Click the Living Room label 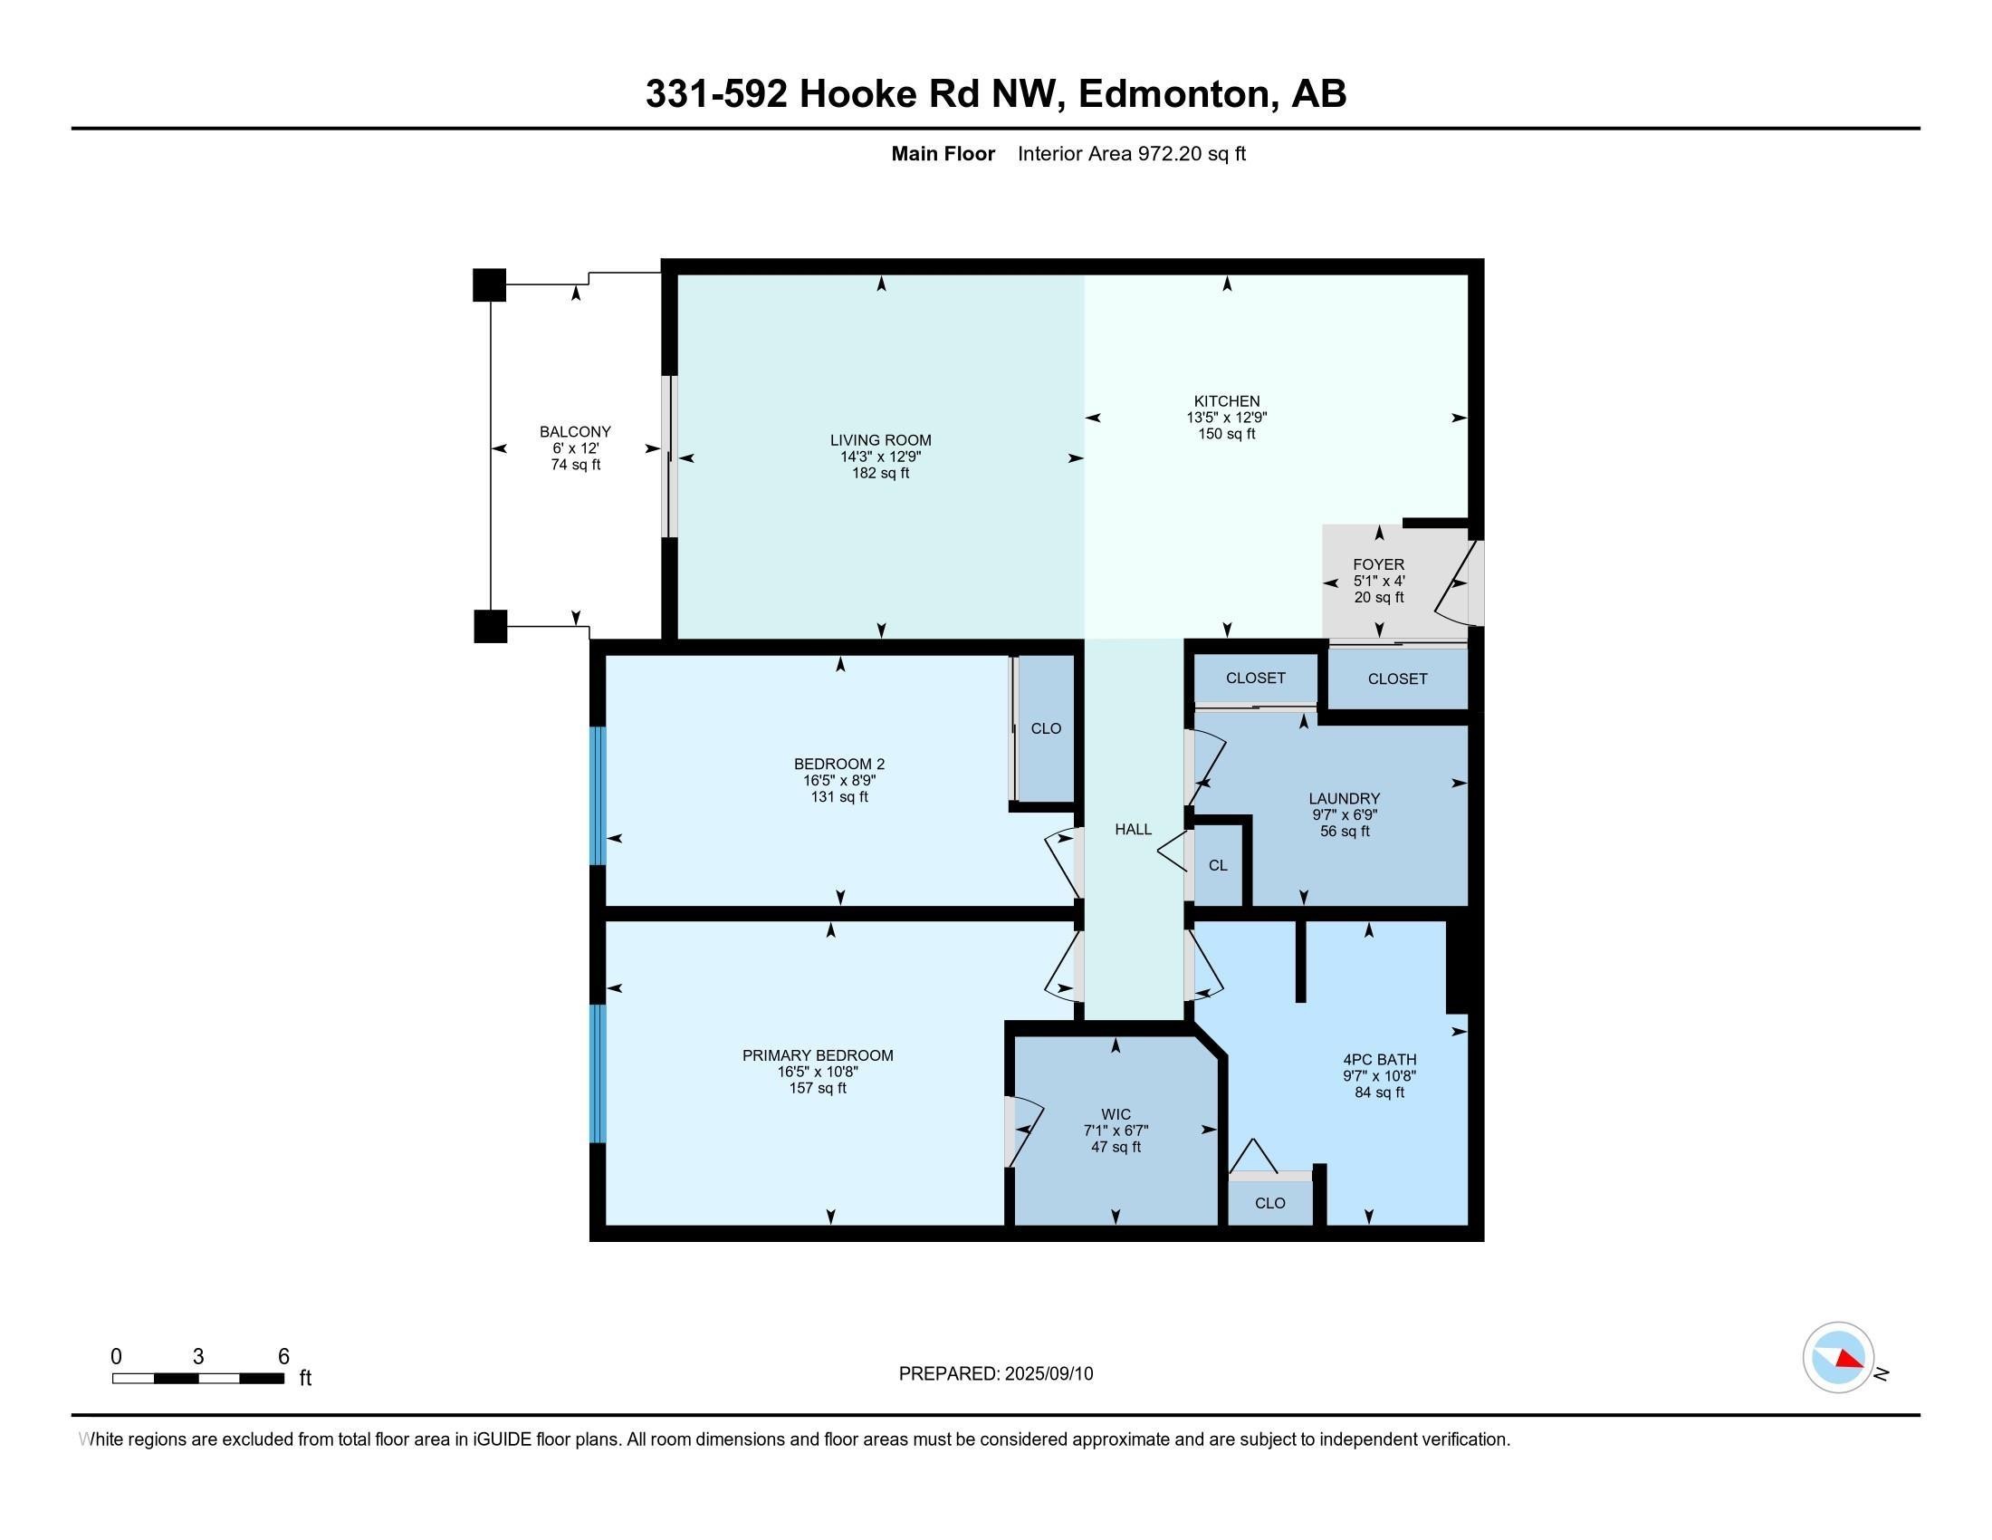pos(880,439)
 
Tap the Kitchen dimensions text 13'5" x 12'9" pos(1226,417)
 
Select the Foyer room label pos(1378,564)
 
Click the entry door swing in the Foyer pos(1452,584)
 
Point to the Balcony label pos(575,431)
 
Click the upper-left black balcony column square pos(489,284)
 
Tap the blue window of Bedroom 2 pos(598,794)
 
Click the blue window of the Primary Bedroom pos(598,1073)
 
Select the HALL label pos(1133,829)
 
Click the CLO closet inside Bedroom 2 pos(1045,728)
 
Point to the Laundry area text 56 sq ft pos(1345,831)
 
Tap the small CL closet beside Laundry pos(1218,865)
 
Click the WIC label pos(1116,1114)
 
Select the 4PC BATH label pos(1379,1059)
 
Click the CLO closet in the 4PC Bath pos(1269,1203)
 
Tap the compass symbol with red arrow pos(1838,1358)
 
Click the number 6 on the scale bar pos(283,1357)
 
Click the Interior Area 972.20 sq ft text pos(1131,153)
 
